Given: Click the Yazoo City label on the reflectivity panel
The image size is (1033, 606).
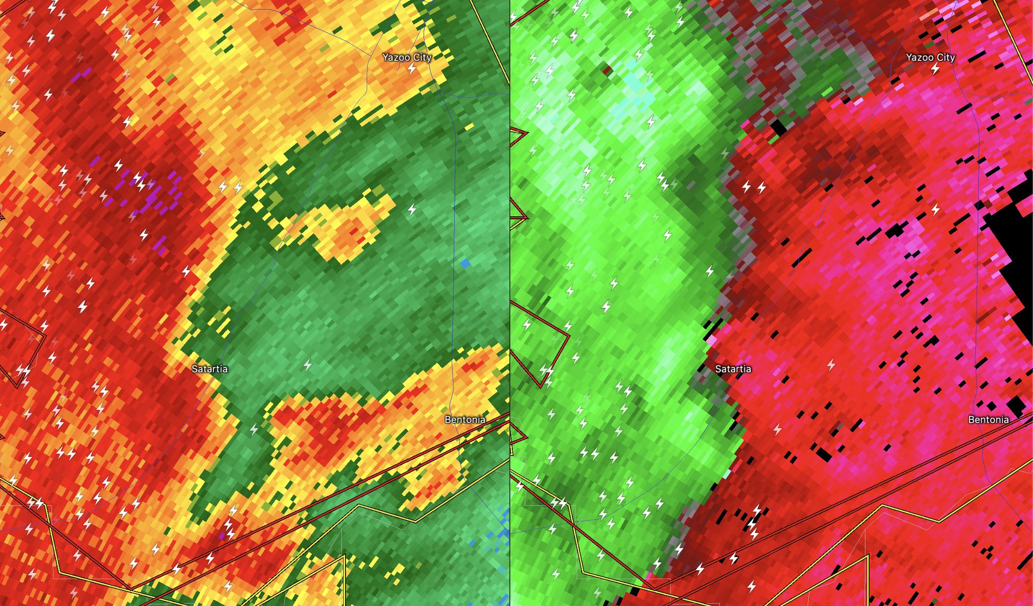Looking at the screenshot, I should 407,57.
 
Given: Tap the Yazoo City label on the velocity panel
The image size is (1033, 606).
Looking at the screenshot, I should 930,57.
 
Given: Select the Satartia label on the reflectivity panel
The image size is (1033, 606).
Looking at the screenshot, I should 209,369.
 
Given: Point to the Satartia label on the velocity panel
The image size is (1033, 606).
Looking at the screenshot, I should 733,369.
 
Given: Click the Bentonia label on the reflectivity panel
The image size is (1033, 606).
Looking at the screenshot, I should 465,419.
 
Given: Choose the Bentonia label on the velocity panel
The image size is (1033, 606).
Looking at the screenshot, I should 988,419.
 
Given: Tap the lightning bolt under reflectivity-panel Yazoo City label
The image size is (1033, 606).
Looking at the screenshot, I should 412,69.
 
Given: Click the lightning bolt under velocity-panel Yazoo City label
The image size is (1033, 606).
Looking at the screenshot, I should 935,69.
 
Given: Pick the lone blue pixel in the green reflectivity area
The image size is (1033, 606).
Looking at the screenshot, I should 465,263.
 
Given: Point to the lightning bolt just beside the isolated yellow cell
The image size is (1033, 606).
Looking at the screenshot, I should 412,209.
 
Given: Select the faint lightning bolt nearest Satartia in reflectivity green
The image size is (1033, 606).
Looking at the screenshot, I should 308,364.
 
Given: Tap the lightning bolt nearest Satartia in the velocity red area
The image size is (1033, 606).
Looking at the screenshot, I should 831,364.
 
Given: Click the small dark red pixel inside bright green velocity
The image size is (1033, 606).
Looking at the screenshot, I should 607,69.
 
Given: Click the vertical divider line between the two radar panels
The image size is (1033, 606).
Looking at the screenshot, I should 510,302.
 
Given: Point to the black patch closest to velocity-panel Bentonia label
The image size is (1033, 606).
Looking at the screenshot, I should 1016,403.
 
